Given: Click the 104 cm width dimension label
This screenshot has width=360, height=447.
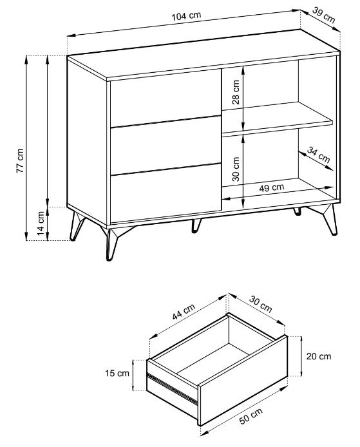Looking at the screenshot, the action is [186, 15].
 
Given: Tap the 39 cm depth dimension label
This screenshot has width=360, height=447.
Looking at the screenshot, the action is [323, 14].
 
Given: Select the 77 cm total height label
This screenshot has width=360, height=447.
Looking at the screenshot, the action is [20, 160].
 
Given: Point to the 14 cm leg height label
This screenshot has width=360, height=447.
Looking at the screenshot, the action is [41, 223].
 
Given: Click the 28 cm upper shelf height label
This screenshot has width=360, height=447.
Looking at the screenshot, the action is [236, 92].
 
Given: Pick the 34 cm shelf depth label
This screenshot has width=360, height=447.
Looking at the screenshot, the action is [318, 155].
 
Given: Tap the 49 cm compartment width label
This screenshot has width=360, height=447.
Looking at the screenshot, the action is [272, 187].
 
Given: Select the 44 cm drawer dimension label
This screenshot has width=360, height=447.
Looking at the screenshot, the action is [184, 312].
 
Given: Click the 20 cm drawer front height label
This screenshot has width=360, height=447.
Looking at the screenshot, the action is [319, 356].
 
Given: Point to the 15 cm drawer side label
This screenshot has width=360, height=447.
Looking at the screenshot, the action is [117, 373].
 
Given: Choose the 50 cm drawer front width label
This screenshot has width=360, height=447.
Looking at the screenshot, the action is [251, 416].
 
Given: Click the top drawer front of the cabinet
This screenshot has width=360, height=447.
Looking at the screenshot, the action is [166, 97].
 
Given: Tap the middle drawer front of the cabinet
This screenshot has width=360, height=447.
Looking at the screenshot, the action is [166, 145].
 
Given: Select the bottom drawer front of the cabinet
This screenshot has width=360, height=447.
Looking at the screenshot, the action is [166, 193].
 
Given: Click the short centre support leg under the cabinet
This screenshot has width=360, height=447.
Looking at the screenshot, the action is [196, 225].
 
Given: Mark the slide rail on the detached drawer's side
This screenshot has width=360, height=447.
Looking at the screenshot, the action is [172, 389].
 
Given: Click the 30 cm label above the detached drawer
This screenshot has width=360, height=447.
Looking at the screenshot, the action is [261, 304].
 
